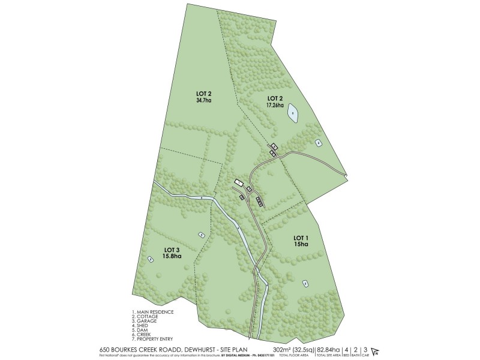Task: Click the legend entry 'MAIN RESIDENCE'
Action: [x=155, y=312]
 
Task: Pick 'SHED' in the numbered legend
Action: [x=145, y=325]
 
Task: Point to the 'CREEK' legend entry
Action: [x=146, y=334]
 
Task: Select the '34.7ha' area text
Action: [x=204, y=101]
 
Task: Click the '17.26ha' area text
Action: [x=275, y=104]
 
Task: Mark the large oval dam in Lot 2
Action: [x=292, y=113]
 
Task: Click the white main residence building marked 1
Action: [x=238, y=182]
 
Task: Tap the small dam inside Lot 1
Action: [x=305, y=283]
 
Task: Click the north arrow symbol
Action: [x=376, y=351]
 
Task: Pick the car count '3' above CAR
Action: [x=365, y=349]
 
